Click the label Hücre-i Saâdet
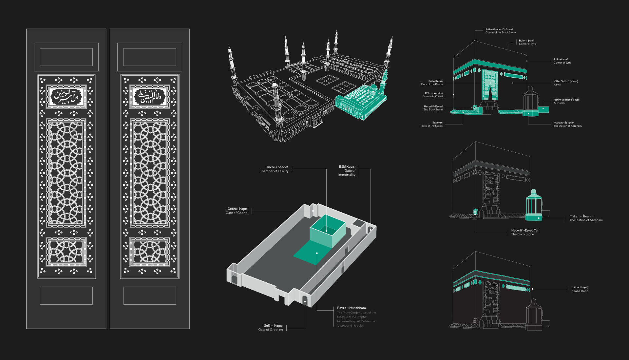[276, 167]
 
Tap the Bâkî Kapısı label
[347, 167]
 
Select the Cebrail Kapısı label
[238, 209]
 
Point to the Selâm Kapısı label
[273, 326]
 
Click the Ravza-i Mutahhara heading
[351, 308]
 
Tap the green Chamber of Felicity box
[327, 231]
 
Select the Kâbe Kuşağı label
[580, 287]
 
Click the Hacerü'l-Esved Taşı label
[525, 230]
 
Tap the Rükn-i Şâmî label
[526, 41]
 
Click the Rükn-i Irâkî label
[561, 60]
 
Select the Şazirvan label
[437, 123]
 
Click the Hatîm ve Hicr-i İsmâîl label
[566, 100]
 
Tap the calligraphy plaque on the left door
[67, 97]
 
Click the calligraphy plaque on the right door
[150, 97]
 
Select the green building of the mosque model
[360, 102]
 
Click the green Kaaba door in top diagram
[490, 85]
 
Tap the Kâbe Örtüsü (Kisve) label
[565, 81]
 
